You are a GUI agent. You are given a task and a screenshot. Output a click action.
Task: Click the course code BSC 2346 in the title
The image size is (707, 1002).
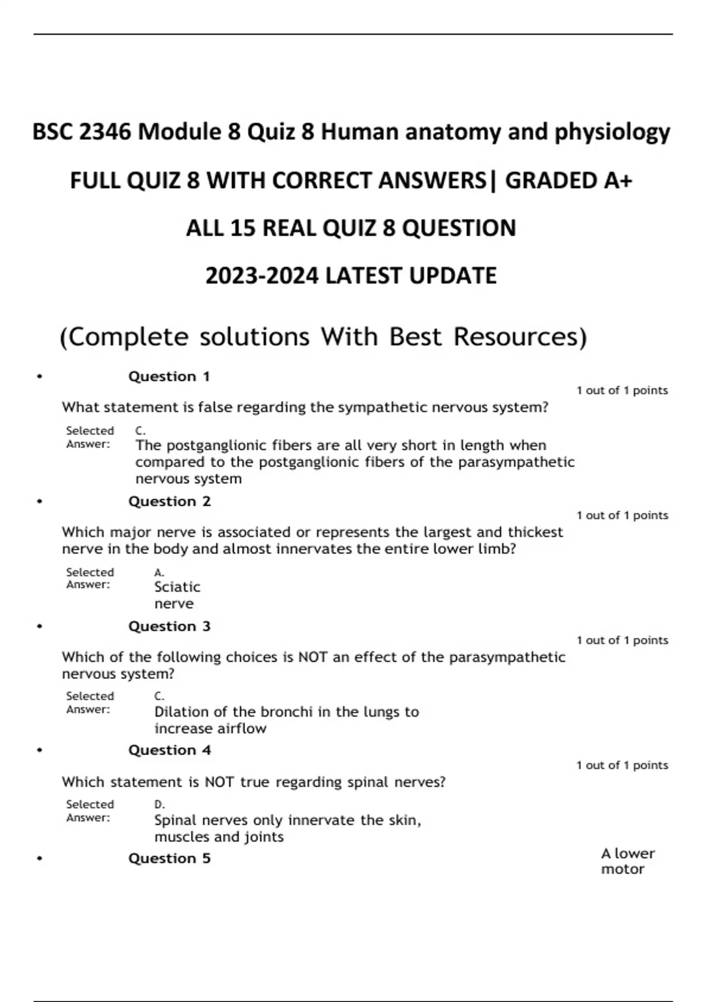click(82, 132)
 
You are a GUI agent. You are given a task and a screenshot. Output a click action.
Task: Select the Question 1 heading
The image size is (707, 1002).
click(169, 377)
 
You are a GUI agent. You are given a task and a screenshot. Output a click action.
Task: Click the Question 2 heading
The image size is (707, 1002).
click(169, 502)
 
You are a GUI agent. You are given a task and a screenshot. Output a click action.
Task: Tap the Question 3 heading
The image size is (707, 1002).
click(169, 627)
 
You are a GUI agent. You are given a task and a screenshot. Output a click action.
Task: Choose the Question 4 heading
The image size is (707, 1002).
click(169, 750)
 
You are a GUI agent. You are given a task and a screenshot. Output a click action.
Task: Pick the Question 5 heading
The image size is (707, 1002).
click(169, 859)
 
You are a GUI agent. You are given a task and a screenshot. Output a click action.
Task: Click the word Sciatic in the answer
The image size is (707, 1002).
click(177, 587)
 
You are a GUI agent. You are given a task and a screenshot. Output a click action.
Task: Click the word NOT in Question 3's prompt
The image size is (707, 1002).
click(313, 657)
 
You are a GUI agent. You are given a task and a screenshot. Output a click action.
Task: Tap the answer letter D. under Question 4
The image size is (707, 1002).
click(159, 805)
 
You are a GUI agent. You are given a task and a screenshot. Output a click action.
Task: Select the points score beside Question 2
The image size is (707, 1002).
click(622, 516)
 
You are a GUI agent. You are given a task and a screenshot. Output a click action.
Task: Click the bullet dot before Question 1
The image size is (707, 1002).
click(39, 377)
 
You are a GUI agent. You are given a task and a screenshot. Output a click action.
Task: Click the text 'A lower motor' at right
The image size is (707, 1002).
click(627, 861)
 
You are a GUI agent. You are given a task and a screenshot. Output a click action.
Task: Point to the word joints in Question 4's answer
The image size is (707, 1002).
click(263, 837)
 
